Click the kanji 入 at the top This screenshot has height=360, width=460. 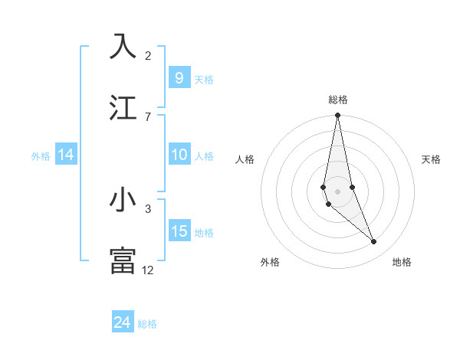click(x=123, y=47)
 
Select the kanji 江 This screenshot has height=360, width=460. click(x=123, y=108)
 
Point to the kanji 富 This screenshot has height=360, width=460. click(x=123, y=260)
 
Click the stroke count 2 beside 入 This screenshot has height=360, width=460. click(x=148, y=56)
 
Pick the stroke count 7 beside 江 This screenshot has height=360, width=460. click(x=148, y=116)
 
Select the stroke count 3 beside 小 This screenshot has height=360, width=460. click(x=148, y=208)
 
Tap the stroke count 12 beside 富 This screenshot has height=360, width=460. click(x=148, y=270)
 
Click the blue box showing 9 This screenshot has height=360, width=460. click(x=179, y=78)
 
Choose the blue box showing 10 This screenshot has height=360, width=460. click(x=179, y=155)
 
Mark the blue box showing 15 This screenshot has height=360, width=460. click(x=179, y=231)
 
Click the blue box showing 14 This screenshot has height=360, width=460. click(x=66, y=155)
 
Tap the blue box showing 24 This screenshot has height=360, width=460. click(x=123, y=323)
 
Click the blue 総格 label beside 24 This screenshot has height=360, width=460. click(x=147, y=324)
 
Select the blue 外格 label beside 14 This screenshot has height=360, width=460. click(x=41, y=156)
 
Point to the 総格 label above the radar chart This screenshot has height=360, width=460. click(x=338, y=100)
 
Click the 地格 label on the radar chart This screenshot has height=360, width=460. click(x=402, y=262)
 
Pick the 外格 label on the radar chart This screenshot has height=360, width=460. click(x=270, y=262)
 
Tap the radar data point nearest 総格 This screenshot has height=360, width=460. click(x=337, y=116)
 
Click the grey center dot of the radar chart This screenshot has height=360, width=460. click(x=337, y=191)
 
